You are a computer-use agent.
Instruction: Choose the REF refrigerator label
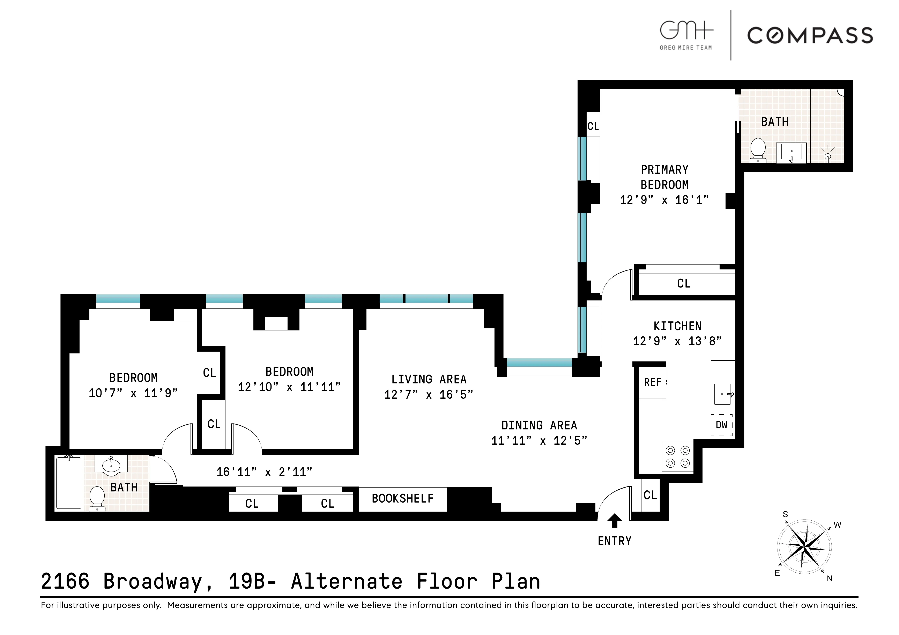click(652, 382)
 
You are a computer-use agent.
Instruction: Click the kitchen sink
click(722, 394)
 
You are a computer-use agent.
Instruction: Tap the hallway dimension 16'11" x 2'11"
click(264, 472)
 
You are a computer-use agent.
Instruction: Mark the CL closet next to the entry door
click(650, 495)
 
